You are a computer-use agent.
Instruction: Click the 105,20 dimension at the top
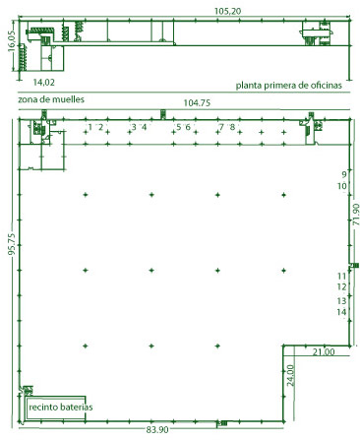227,11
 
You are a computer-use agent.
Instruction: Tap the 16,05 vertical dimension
12,42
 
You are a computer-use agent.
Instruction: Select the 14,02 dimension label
43,83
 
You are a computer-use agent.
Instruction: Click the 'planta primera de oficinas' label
289,86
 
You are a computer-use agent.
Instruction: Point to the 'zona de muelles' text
51,99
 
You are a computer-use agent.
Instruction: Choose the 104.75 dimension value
197,103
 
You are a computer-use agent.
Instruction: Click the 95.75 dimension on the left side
12,244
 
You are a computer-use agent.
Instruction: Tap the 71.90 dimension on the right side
356,215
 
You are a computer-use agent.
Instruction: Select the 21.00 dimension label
324,352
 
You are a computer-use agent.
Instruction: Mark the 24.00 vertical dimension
291,375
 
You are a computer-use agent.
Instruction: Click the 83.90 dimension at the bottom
157,429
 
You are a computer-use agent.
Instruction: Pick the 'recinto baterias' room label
61,408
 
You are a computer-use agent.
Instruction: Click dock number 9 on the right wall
344,174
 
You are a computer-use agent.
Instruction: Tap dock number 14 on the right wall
341,312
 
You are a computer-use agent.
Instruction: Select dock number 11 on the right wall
341,277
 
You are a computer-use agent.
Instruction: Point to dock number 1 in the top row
90,127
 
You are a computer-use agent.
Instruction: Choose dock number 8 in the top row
232,127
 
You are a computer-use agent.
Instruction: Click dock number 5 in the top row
179,127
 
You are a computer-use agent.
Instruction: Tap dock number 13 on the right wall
341,300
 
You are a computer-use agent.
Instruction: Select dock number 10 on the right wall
342,186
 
